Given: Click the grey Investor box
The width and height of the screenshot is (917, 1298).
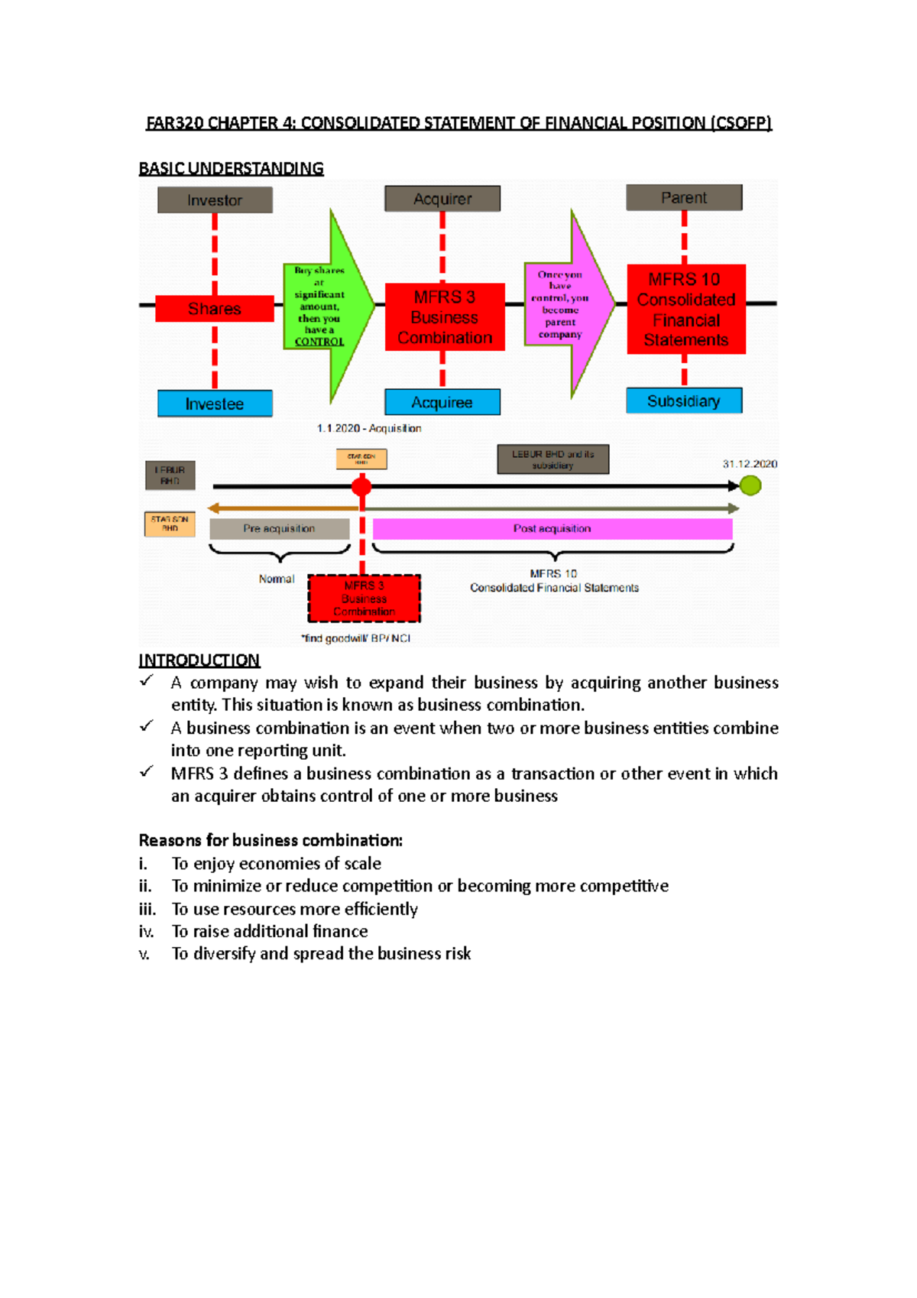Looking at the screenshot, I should [215, 200].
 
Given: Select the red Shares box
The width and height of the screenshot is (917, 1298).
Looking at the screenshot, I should [215, 309].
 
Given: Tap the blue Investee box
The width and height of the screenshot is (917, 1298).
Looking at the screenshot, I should [215, 404].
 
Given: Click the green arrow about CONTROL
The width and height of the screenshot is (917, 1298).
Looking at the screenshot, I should [325, 306].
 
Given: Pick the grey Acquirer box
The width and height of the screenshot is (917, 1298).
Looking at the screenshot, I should [442, 199].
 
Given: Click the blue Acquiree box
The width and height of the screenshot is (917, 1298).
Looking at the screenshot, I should [442, 402].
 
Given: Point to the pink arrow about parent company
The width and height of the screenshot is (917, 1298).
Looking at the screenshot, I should [565, 304].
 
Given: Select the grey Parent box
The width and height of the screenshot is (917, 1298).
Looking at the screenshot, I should [684, 197].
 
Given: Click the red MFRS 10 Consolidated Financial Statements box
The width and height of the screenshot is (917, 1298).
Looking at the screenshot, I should [685, 309].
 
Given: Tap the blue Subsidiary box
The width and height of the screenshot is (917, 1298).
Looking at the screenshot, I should [684, 401].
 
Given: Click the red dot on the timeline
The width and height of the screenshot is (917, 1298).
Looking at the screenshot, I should [361, 485].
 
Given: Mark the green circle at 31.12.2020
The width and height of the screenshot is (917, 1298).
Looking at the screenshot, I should [750, 485].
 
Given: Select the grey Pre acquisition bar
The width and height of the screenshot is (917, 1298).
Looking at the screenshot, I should [279, 528].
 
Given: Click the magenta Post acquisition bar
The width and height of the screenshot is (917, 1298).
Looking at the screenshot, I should [552, 528].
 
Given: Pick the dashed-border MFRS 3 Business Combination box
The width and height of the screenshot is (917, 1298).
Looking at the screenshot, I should [364, 599].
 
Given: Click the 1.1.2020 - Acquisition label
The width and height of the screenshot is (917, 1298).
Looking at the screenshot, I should [369, 428].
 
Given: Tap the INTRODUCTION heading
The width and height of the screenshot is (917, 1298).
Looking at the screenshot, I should [199, 660].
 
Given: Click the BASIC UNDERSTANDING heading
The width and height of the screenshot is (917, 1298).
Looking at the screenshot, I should [231, 168].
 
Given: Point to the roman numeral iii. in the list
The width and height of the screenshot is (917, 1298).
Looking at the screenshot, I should [147, 909].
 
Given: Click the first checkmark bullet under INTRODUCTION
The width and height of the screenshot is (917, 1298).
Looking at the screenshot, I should [147, 680].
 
